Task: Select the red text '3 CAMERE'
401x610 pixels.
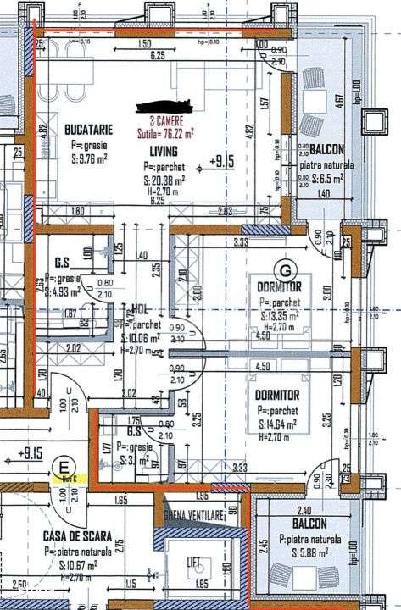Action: (166, 121)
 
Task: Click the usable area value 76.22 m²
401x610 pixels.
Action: (166, 133)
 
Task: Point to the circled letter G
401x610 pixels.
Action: (286, 270)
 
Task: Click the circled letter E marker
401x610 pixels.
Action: (62, 464)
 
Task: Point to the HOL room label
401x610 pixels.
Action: (141, 309)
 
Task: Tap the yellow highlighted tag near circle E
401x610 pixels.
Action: (64, 480)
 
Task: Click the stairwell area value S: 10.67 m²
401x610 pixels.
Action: (78, 563)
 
